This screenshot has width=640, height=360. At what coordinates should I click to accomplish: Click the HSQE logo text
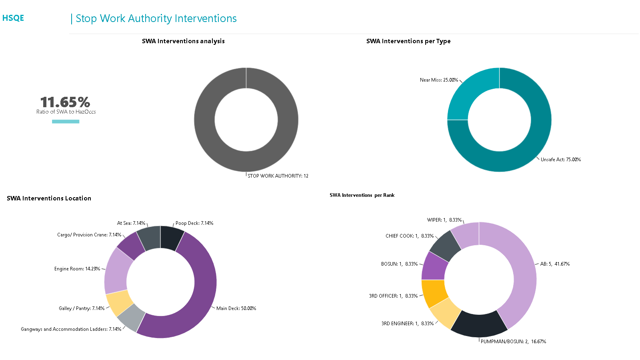(13, 18)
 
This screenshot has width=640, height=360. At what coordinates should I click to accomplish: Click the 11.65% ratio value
(65, 102)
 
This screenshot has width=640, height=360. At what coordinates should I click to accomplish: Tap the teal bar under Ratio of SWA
(66, 122)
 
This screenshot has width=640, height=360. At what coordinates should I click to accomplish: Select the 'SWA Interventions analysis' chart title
(183, 41)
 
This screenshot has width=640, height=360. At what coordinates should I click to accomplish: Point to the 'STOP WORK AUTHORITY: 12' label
(278, 176)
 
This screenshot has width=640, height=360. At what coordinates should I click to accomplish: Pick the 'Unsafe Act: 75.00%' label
(560, 160)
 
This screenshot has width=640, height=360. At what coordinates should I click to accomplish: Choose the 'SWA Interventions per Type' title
(408, 41)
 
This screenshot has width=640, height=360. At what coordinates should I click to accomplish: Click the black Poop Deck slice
(172, 237)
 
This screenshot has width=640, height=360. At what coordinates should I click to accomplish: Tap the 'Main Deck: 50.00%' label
(236, 308)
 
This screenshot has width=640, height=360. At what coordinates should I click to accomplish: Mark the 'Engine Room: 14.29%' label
(77, 269)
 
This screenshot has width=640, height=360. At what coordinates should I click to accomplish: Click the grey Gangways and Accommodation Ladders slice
(132, 318)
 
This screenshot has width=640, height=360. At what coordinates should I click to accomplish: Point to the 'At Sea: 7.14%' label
(131, 223)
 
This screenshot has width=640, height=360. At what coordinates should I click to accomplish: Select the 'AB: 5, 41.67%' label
(555, 264)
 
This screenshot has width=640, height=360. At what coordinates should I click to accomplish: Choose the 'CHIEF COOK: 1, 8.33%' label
(409, 236)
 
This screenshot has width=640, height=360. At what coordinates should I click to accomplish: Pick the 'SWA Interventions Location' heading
(49, 198)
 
